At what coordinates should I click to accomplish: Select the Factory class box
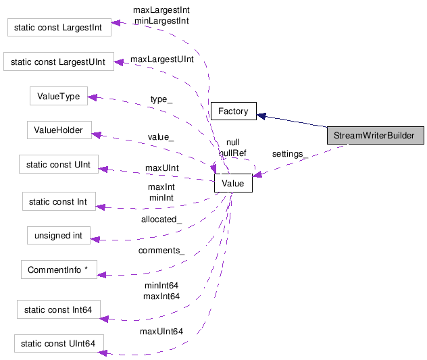(x=233, y=111)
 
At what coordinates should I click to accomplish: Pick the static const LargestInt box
(x=59, y=28)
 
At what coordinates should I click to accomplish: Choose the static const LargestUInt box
(x=58, y=63)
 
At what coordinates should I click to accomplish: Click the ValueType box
(x=59, y=97)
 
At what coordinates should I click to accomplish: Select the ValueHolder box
(x=59, y=130)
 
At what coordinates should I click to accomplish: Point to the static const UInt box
(x=58, y=163)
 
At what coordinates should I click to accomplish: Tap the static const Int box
(x=59, y=201)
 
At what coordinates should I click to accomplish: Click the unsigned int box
(x=58, y=236)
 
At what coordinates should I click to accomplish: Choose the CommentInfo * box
(x=59, y=270)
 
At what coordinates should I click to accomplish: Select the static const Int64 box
(x=58, y=310)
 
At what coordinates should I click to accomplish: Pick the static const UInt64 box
(x=59, y=344)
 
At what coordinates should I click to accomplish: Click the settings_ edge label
(x=288, y=154)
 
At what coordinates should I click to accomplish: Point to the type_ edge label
(x=161, y=99)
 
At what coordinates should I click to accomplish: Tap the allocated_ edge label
(x=161, y=220)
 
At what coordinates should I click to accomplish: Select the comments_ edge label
(x=161, y=251)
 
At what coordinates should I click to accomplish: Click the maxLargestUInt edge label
(x=162, y=59)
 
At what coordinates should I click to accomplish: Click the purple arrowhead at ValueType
(x=94, y=97)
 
